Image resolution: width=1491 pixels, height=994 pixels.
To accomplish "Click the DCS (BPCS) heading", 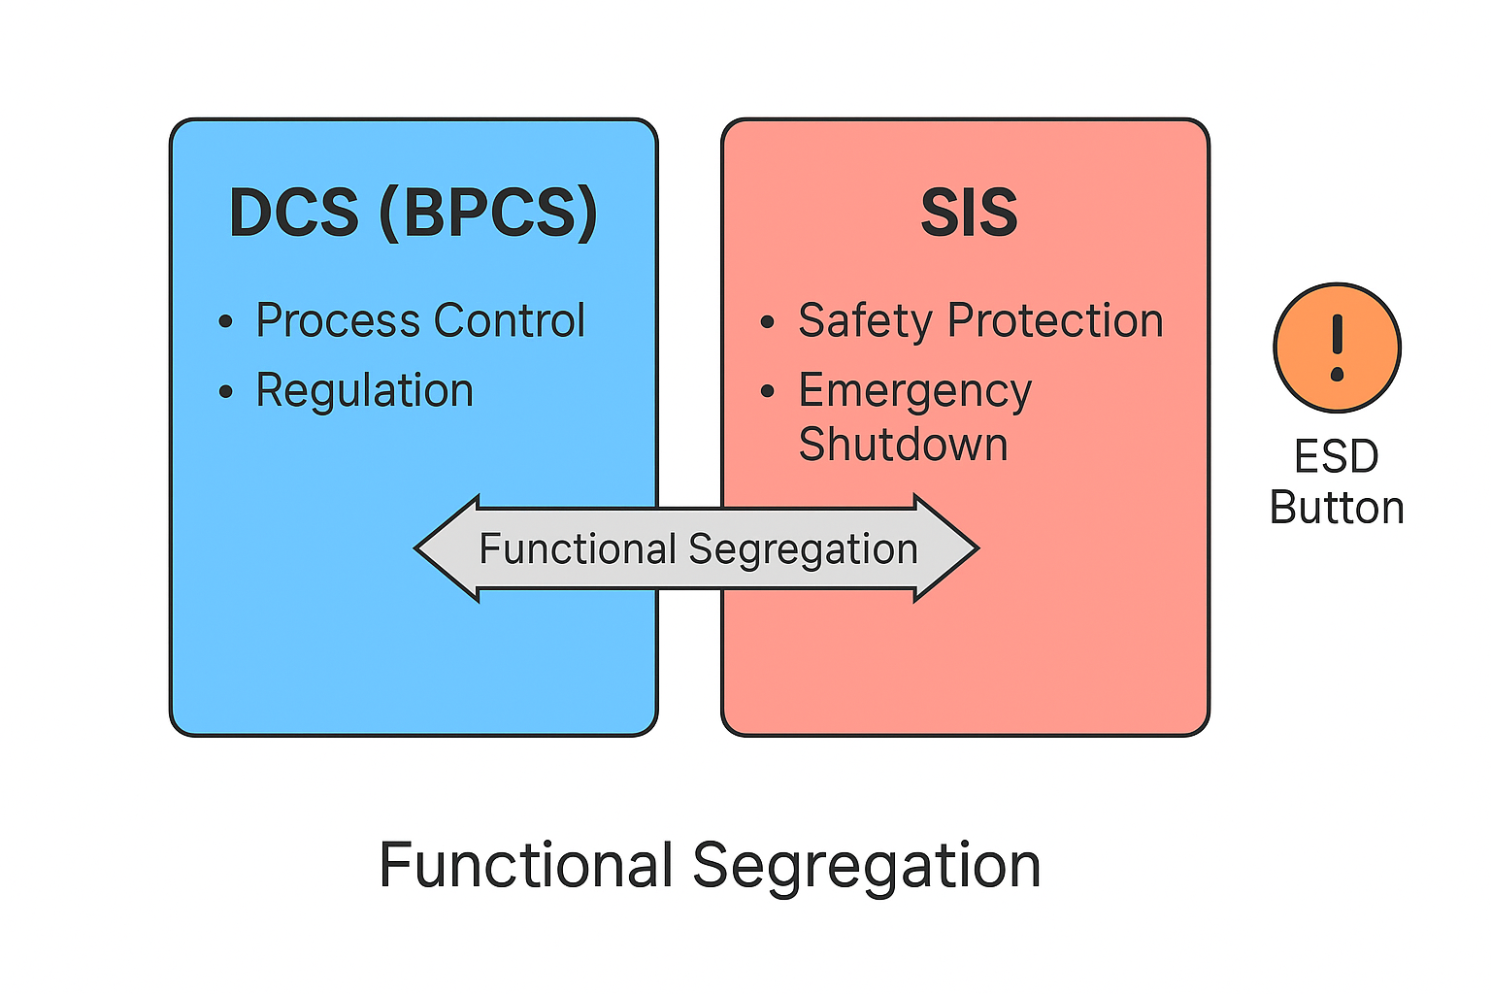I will (413, 213).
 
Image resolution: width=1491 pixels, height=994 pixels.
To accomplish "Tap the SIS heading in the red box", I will (969, 213).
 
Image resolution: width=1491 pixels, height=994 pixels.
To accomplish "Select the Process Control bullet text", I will (419, 320).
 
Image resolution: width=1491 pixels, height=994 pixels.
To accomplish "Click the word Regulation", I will (364, 390).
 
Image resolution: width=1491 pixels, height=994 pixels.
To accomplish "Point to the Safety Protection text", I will (980, 320).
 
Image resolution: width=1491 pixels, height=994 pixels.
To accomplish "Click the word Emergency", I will (914, 391).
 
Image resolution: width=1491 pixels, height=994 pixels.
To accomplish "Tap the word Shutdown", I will (903, 445).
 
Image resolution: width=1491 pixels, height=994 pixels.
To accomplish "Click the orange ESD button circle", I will (1337, 348).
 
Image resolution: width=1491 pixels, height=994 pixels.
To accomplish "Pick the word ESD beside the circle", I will (1337, 456).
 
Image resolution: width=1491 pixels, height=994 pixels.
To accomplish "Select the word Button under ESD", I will (1337, 508).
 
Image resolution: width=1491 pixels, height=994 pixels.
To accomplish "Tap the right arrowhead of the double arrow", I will (945, 548).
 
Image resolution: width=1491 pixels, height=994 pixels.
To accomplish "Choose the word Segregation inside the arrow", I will (803, 549).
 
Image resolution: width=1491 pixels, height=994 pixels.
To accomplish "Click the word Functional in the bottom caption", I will (526, 865).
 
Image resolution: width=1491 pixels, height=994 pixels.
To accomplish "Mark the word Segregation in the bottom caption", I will (866, 865).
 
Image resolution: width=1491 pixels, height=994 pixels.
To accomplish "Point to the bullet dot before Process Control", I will (226, 322).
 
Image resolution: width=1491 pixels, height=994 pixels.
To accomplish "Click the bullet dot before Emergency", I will (768, 392).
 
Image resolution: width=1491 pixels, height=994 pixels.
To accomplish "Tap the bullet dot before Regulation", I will (226, 392).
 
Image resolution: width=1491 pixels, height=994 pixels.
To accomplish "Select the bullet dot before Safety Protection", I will (768, 322).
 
